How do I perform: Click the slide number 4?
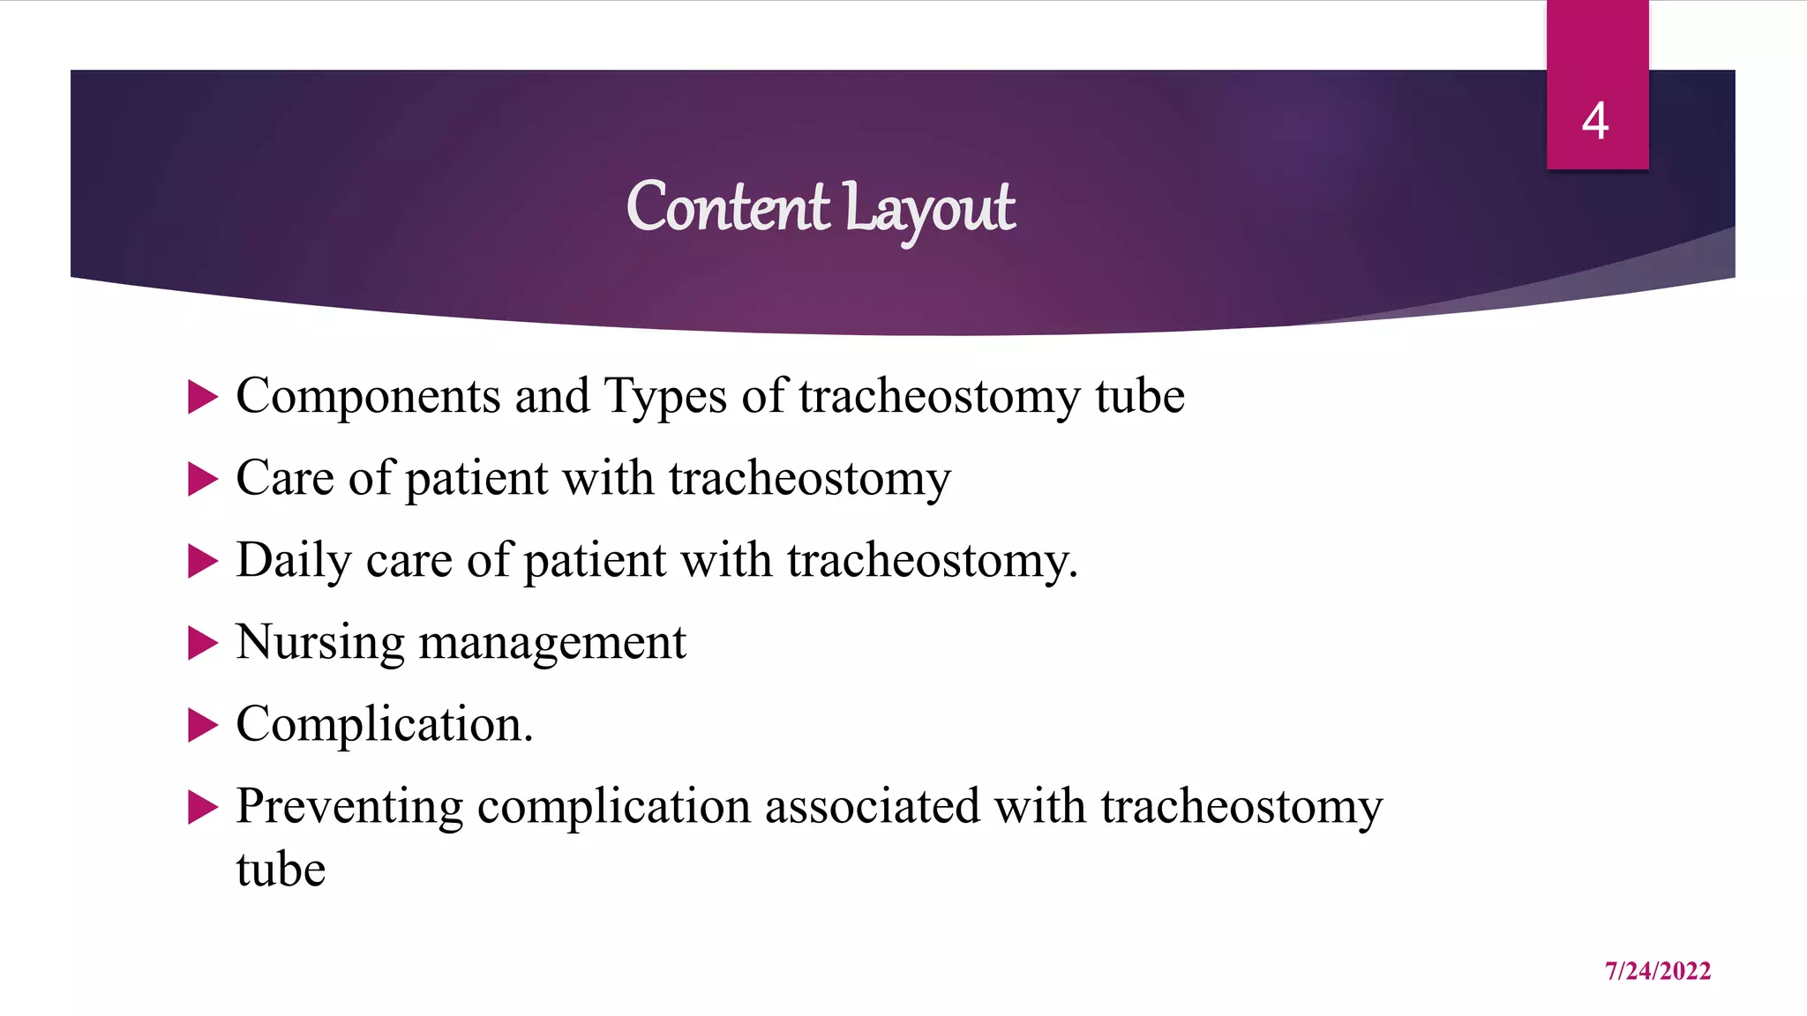(1595, 121)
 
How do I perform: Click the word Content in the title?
(727, 208)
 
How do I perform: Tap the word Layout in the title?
(928, 210)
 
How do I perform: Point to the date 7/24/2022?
(1657, 971)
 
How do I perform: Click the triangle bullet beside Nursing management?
(202, 643)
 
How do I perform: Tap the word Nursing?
(320, 643)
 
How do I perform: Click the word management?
(551, 643)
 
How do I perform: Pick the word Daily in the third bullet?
(293, 561)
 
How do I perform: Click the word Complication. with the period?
(385, 725)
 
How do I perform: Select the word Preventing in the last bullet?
(349, 807)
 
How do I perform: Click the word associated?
(871, 807)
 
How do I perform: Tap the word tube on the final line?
(281, 870)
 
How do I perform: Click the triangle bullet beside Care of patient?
(202, 479)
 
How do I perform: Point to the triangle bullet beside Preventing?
(202, 807)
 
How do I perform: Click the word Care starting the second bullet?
(285, 479)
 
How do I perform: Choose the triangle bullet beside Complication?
(202, 725)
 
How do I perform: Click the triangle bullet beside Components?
(202, 397)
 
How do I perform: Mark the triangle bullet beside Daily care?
(202, 561)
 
